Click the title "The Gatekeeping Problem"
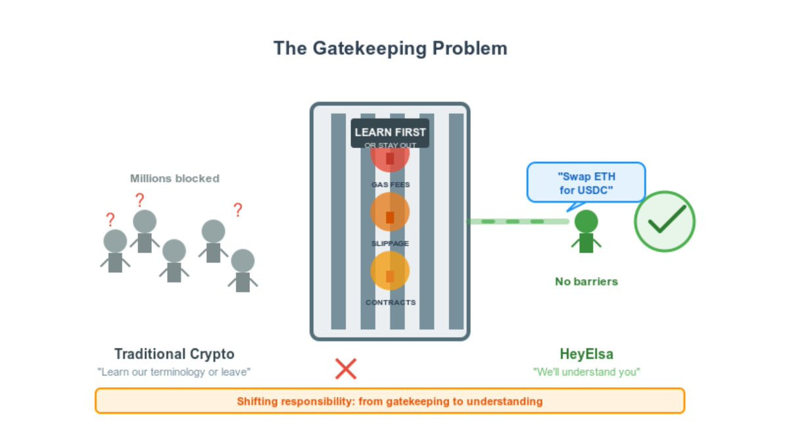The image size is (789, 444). (x=390, y=49)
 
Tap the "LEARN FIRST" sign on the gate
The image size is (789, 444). (x=390, y=133)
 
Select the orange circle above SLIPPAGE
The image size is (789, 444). (x=390, y=212)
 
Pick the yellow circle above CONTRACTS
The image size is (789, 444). (x=390, y=271)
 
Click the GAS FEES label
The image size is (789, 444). (x=390, y=185)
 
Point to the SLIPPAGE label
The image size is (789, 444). (x=390, y=243)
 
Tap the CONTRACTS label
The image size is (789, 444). (x=390, y=303)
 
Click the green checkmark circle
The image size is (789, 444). (x=664, y=222)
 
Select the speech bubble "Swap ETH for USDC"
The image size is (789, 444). (x=586, y=183)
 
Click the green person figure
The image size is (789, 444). (x=586, y=232)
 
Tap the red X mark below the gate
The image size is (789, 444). (x=345, y=369)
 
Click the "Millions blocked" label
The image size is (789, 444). (x=174, y=178)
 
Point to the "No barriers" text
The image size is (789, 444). (x=586, y=282)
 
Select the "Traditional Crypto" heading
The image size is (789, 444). (x=174, y=354)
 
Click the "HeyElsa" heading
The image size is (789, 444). (x=586, y=354)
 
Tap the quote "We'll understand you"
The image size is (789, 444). (x=586, y=372)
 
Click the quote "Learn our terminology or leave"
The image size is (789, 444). (x=174, y=372)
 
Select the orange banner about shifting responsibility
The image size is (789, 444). (x=390, y=401)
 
